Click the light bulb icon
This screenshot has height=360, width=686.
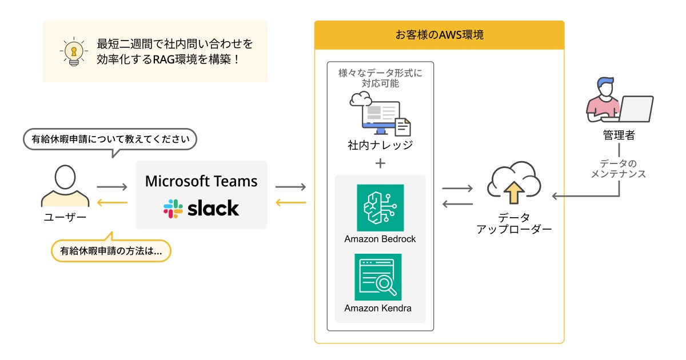tap(73, 51)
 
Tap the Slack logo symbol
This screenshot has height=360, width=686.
tap(173, 209)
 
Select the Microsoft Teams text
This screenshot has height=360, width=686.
tap(201, 181)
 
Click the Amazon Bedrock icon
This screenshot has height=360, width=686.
tap(380, 207)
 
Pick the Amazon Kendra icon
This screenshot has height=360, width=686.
tap(378, 277)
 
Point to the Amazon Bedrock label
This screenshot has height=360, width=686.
tap(380, 239)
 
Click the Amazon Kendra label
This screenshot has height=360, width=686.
tap(378, 309)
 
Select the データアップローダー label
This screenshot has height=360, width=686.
tap(514, 223)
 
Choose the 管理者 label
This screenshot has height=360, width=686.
tap(619, 135)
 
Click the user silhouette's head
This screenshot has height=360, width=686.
tap(65, 177)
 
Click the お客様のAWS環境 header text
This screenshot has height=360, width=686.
tap(439, 35)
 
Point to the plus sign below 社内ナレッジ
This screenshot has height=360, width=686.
tap(380, 163)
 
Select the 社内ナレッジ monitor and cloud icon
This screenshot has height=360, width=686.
tap(379, 114)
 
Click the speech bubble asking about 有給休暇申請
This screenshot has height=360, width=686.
tap(110, 139)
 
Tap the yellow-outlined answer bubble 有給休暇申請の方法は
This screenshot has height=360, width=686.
tap(111, 250)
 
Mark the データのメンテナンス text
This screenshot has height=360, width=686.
tap(619, 169)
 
